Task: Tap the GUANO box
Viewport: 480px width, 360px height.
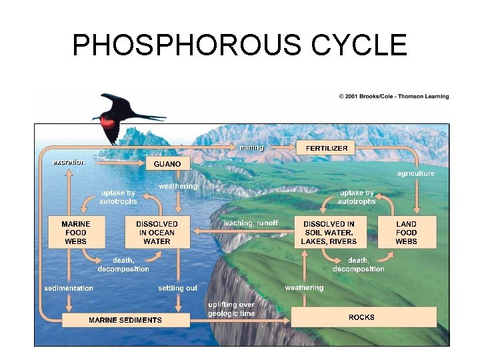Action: pyautogui.click(x=167, y=163)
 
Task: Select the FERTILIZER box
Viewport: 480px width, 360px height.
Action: pyautogui.click(x=327, y=148)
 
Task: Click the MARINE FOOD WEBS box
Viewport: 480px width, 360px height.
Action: pyautogui.click(x=75, y=233)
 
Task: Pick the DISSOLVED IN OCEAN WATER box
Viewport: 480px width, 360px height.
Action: pyautogui.click(x=157, y=233)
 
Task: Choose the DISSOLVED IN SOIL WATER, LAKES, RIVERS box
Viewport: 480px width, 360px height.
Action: pyautogui.click(x=329, y=233)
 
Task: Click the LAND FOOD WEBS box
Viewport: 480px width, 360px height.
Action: pyautogui.click(x=406, y=233)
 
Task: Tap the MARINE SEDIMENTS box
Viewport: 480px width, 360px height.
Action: pyautogui.click(x=125, y=320)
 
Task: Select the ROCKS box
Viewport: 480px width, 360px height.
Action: pyautogui.click(x=361, y=317)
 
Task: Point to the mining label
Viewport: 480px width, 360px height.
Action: pyautogui.click(x=251, y=147)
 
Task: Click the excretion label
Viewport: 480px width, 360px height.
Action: pyautogui.click(x=69, y=161)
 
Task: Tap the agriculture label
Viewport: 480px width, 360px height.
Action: pyautogui.click(x=415, y=173)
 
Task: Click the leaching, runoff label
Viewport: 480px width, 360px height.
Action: pyautogui.click(x=251, y=223)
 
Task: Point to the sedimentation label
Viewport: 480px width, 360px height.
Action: pyautogui.click(x=69, y=289)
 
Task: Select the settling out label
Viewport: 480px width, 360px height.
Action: pyautogui.click(x=177, y=289)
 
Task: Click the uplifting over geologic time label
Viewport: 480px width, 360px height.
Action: pyautogui.click(x=231, y=309)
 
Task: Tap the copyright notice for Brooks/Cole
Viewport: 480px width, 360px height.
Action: pyautogui.click(x=393, y=97)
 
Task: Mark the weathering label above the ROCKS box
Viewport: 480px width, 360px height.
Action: pyautogui.click(x=304, y=288)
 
